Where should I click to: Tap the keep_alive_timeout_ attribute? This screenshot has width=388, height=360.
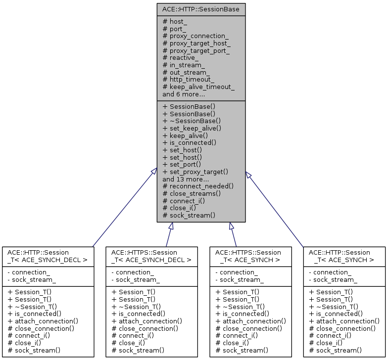[198, 87]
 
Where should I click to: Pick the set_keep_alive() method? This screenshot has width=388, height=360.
[192, 128]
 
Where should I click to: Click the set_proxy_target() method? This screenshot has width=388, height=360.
[195, 171]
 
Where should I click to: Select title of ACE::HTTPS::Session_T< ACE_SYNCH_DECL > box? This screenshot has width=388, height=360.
[151, 256]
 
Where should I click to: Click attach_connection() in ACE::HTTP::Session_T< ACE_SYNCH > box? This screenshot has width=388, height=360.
[344, 321]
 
